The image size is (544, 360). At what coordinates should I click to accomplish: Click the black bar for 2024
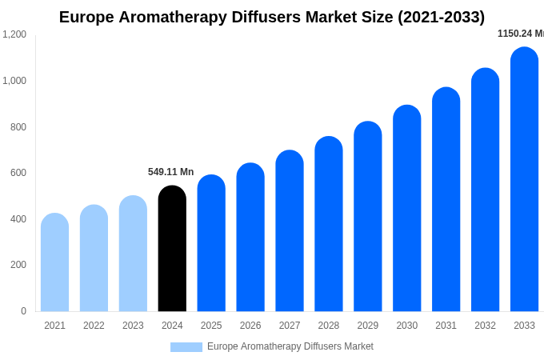tap(172, 249)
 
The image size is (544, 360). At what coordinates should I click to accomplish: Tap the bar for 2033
tap(524, 179)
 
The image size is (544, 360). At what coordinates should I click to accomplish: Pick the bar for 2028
tap(329, 224)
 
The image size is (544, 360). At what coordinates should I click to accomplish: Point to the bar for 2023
tap(133, 254)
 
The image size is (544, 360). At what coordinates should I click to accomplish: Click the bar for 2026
tap(250, 238)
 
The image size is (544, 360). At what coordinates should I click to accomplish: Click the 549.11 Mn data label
tap(170, 172)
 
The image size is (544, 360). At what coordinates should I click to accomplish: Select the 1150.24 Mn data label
tap(520, 34)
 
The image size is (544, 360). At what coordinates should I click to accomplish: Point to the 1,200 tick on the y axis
tap(14, 34)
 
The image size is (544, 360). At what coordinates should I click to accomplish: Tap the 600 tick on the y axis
tap(18, 173)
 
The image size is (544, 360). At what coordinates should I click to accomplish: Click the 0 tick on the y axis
tap(23, 311)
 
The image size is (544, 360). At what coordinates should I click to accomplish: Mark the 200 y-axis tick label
tap(18, 265)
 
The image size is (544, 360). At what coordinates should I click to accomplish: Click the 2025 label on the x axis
tap(211, 326)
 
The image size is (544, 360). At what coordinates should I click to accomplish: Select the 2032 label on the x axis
tap(485, 326)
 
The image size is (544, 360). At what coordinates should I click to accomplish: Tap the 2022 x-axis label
tap(94, 326)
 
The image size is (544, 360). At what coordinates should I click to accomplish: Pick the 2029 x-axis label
tap(368, 326)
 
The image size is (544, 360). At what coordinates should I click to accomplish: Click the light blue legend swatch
tap(186, 347)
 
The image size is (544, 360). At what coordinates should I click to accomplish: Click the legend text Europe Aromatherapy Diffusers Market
tap(290, 346)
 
